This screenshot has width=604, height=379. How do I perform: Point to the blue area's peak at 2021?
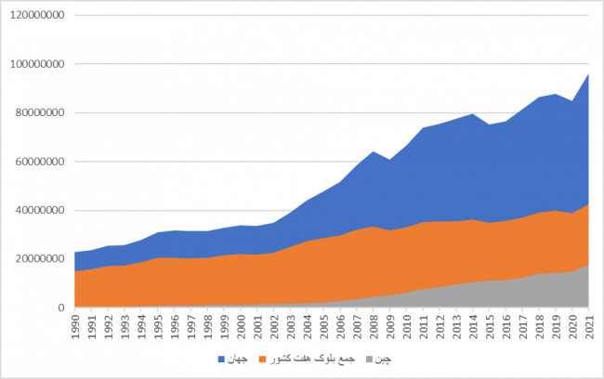pos(589,74)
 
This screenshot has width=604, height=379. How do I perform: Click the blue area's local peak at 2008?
pos(374,151)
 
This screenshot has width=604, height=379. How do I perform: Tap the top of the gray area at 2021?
pos(589,266)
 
